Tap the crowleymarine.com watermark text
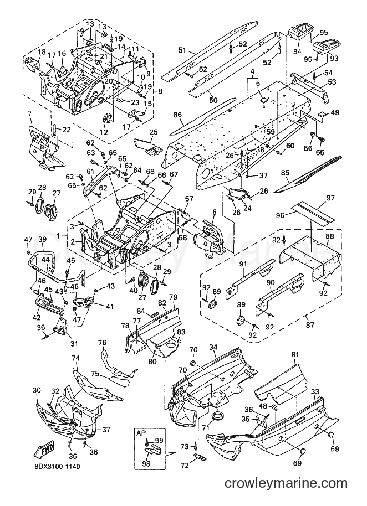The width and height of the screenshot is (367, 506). pyautogui.click(x=286, y=483)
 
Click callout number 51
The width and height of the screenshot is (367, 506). pyautogui.click(x=182, y=50)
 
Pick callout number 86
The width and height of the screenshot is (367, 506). pyautogui.click(x=178, y=115)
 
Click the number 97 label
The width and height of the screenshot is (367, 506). pyautogui.click(x=330, y=198)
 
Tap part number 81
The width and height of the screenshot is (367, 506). pyautogui.click(x=294, y=354)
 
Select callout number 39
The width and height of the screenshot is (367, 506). pyautogui.click(x=43, y=239)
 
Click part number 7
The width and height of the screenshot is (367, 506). pyautogui.click(x=29, y=113)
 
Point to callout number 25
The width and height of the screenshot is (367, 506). pyautogui.click(x=154, y=132)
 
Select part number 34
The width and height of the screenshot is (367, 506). pyautogui.click(x=213, y=347)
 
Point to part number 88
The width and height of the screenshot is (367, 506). pyautogui.click(x=329, y=236)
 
